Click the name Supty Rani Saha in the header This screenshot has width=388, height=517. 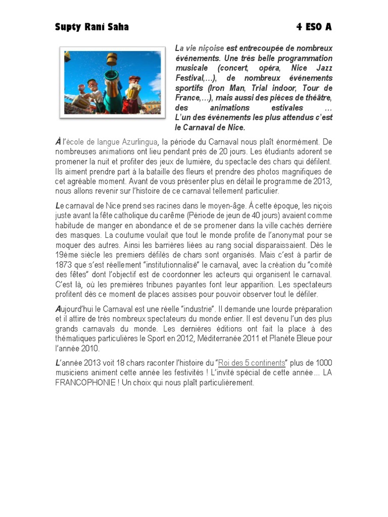[91, 27]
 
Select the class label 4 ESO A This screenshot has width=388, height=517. [314, 27]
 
